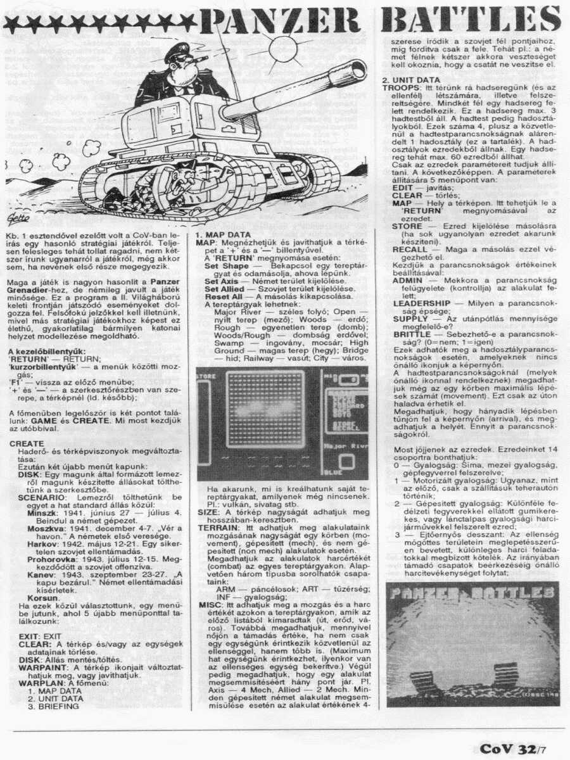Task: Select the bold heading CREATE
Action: (27, 444)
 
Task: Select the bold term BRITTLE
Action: (412, 333)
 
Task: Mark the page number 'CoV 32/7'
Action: (514, 749)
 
